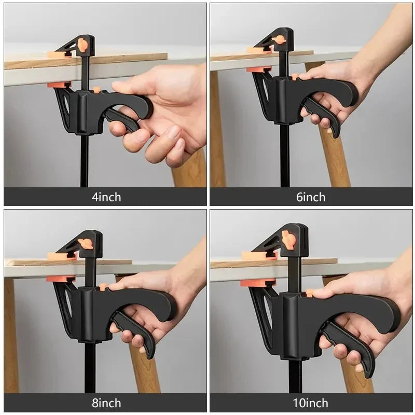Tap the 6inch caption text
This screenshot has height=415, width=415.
click(311, 197)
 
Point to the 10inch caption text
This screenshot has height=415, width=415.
click(311, 403)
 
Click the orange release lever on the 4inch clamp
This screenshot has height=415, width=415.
click(82, 45)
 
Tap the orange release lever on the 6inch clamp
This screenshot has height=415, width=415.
click(280, 40)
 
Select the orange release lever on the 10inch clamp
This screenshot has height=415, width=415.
click(289, 240)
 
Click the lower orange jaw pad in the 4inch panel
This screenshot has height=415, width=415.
click(59, 85)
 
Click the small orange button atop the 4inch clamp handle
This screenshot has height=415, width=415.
click(96, 90)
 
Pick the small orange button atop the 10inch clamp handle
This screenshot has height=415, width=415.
click(310, 293)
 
